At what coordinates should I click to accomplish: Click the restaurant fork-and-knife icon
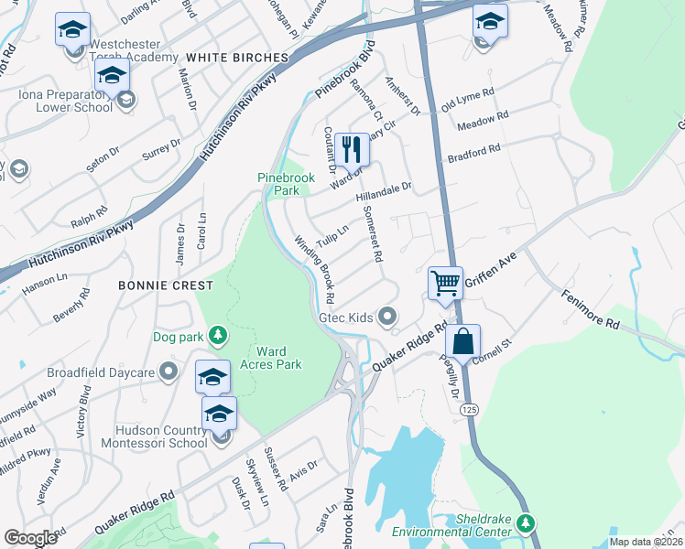(x=352, y=149)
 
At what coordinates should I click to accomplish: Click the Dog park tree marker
(x=218, y=337)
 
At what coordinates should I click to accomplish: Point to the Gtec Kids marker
(x=388, y=318)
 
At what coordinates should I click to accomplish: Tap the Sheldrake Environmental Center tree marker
(x=525, y=523)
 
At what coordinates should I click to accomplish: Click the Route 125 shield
(x=469, y=409)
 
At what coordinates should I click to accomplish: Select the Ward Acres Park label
(x=278, y=358)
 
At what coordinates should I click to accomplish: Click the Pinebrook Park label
(x=278, y=184)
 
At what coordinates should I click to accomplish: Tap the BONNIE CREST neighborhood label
(x=159, y=285)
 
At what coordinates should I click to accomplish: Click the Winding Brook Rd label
(x=314, y=271)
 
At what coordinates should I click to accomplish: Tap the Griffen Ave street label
(x=491, y=272)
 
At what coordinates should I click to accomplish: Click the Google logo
(x=31, y=538)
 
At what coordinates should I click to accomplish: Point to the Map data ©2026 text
(x=646, y=542)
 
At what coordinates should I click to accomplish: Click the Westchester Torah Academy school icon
(x=72, y=28)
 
